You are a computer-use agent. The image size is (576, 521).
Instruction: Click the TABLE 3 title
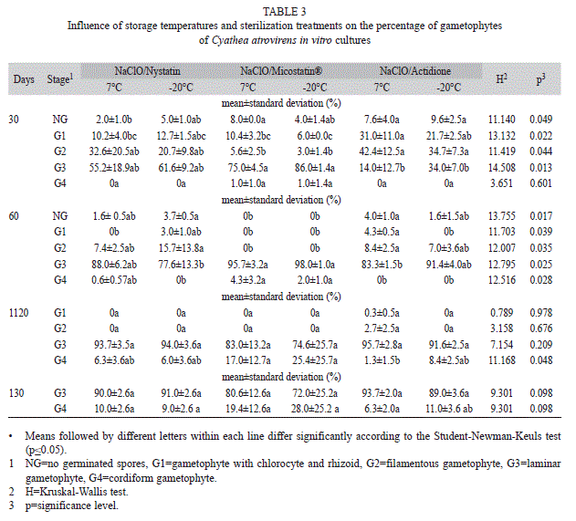point(284,12)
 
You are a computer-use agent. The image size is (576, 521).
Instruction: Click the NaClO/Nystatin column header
point(147,70)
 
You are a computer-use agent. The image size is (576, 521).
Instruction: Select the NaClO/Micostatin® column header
point(281,70)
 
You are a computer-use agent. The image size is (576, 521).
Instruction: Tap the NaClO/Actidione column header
point(415,70)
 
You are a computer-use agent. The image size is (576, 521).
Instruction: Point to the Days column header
point(24,79)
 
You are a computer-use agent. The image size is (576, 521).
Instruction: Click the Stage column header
point(60,78)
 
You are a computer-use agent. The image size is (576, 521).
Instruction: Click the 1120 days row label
point(19,313)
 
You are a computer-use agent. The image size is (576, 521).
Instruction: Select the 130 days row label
point(16,393)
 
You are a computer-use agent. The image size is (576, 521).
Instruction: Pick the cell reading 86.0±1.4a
point(315,168)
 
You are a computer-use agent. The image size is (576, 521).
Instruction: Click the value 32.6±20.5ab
point(114,151)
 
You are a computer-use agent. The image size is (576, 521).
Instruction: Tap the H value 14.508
point(502,168)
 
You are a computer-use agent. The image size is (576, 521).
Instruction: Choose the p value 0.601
point(540,183)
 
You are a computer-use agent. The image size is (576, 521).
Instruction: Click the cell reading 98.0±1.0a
point(315,265)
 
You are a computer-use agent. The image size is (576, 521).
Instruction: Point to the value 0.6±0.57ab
point(114,280)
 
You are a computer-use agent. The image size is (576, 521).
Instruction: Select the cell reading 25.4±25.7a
point(315,360)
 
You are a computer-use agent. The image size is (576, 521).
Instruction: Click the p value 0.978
point(540,313)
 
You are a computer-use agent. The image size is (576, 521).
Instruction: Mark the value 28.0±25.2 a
point(315,409)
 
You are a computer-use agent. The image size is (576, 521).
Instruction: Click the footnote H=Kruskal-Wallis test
point(77,491)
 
